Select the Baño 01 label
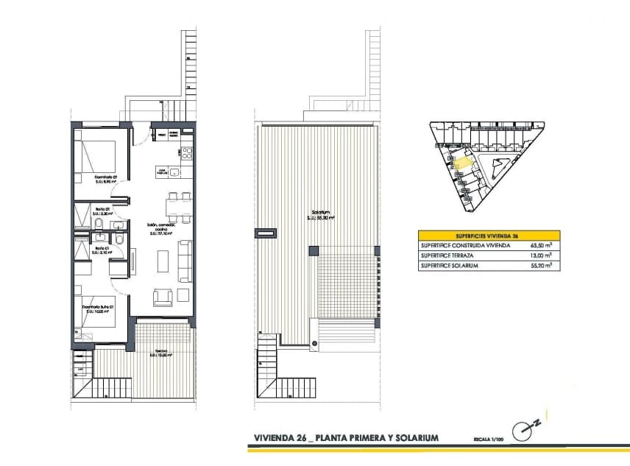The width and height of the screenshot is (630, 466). point(102,248)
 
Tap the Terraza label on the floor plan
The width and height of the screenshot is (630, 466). point(160,353)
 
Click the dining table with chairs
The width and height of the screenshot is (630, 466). point(179,208)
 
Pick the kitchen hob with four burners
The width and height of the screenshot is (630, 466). point(187,154)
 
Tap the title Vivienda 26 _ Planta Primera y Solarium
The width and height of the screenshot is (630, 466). point(345,438)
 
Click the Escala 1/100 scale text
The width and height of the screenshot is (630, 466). point(489,439)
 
